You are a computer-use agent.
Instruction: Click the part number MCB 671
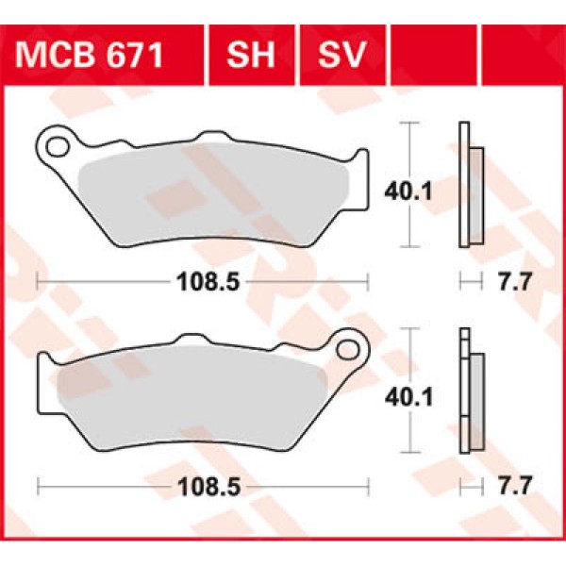90,55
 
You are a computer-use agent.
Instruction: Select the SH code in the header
250,55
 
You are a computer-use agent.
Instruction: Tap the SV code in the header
341,55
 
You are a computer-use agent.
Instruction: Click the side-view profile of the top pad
468,186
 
